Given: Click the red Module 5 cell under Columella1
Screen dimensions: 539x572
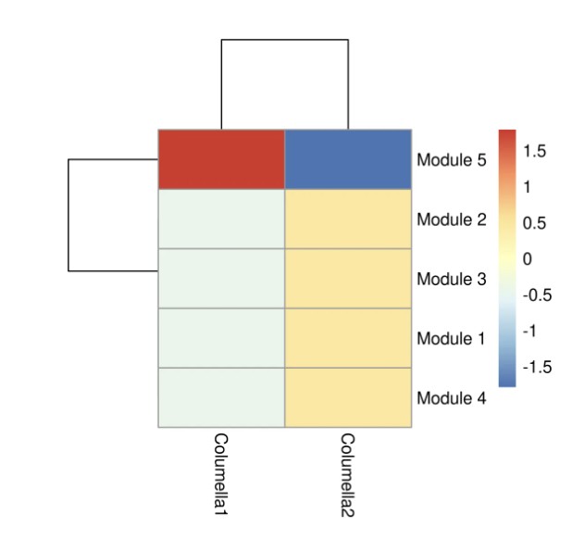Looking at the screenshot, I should coord(221,159).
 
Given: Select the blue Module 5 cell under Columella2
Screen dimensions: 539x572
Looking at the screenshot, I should coord(348,159).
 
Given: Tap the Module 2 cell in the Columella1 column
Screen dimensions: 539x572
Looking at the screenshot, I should coord(221,219).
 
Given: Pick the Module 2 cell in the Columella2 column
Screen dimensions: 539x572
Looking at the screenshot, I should coord(348,219).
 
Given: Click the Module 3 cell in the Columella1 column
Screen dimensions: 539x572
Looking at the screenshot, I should coord(221,279).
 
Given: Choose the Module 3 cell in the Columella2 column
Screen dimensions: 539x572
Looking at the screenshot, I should coord(348,279).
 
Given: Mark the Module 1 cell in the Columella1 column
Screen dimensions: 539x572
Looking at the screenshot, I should coord(221,338).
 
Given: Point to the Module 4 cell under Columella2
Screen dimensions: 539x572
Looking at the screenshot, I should coord(348,397).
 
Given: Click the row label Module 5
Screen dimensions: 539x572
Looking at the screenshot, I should coord(451,160).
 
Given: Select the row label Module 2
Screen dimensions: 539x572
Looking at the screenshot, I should coord(451,220).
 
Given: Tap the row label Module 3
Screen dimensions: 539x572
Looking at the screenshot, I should coord(451,280).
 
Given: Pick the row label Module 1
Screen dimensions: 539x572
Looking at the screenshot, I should coord(451,339).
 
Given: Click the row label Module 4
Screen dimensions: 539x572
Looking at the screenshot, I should coord(451,399).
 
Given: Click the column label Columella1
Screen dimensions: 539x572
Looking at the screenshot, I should coord(221,472).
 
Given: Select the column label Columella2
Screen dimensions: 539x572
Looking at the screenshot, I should coord(348,472).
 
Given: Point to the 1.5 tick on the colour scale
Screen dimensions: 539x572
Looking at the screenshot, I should coord(534,150).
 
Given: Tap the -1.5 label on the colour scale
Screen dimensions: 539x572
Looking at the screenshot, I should coord(536,368).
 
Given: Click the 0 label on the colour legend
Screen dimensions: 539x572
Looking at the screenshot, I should coord(528,259).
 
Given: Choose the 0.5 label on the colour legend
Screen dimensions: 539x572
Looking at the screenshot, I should coord(534,223).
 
